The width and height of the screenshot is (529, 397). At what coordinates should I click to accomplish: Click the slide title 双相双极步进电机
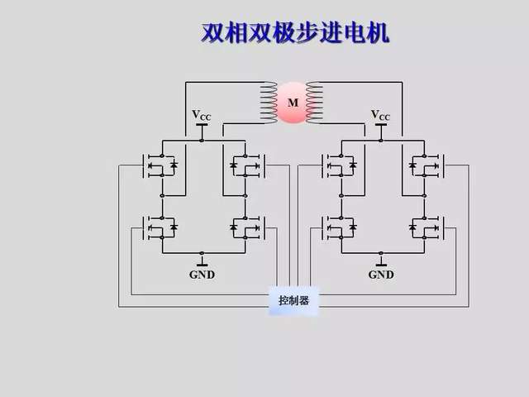[295, 33]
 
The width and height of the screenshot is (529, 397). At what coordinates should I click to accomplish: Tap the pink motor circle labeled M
[292, 103]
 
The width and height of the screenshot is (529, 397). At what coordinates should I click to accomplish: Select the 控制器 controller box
[293, 301]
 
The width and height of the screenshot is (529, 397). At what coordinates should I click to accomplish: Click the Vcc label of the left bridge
[202, 116]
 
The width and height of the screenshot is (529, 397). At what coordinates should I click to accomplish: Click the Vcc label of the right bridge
[380, 116]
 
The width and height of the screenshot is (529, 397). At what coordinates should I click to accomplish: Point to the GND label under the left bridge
[202, 275]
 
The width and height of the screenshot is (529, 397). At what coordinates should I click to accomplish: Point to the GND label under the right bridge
[380, 275]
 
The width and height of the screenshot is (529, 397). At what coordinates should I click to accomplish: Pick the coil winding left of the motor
[269, 103]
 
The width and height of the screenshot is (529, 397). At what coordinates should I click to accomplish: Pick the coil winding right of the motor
[314, 103]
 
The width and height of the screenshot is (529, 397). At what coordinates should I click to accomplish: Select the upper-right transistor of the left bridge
[246, 165]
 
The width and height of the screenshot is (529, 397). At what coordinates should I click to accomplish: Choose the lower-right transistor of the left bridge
[246, 226]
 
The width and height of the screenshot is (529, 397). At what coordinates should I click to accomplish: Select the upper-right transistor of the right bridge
[425, 165]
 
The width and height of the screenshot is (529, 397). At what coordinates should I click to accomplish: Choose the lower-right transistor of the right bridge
[425, 226]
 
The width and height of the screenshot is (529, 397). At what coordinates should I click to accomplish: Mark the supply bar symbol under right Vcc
[380, 127]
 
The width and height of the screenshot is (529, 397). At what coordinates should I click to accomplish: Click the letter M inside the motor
[292, 103]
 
